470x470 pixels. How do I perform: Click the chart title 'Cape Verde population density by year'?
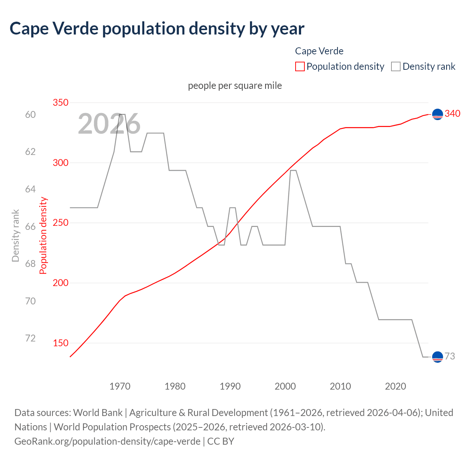click(157, 29)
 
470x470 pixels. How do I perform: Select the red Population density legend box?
click(300, 66)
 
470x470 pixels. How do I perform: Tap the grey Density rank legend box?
click(395, 66)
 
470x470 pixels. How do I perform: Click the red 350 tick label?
click(61, 102)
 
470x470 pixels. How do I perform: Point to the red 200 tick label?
click(61, 283)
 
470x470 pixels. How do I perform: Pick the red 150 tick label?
click(61, 343)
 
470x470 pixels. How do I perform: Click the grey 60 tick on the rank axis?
click(30, 115)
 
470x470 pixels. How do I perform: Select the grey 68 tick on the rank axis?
click(30, 264)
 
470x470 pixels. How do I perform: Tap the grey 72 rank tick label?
click(30, 338)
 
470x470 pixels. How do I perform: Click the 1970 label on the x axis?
click(120, 386)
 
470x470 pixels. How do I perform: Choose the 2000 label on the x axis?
click(285, 386)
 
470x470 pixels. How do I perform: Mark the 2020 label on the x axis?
click(395, 386)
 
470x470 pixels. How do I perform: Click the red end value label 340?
click(452, 114)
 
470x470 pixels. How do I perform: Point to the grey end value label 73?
click(450, 356)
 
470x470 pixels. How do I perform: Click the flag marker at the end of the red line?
click(437, 115)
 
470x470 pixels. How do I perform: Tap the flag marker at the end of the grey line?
click(437, 357)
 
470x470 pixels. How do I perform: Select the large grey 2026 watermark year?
click(109, 124)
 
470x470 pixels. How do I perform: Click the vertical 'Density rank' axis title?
click(15, 235)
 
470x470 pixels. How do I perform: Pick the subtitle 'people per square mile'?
click(235, 86)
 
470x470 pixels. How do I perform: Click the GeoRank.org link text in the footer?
click(107, 441)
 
